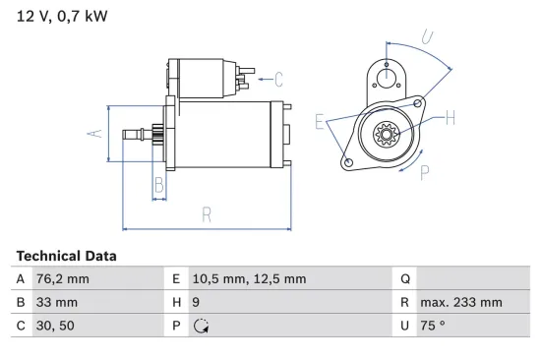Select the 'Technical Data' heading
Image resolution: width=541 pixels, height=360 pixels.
66,256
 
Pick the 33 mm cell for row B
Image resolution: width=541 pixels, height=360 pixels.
57,303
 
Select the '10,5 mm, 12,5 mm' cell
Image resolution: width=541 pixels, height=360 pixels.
249,279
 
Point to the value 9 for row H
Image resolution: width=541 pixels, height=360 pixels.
197,303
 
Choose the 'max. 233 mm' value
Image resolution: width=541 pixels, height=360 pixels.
461,303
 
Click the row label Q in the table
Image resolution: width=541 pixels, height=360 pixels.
405,279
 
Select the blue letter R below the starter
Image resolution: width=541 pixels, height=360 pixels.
207,214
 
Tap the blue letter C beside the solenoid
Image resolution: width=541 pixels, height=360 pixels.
278,78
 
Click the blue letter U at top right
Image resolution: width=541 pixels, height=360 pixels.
427,36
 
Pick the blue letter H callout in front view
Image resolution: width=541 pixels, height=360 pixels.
450,119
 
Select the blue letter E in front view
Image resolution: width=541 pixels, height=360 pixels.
320,121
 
